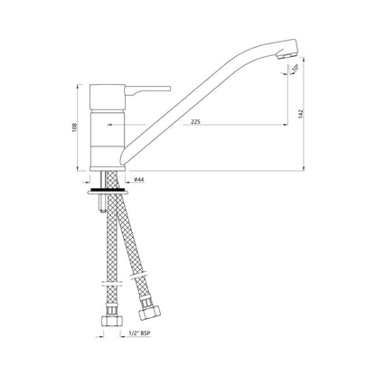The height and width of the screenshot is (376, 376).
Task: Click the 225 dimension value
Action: point(196,122)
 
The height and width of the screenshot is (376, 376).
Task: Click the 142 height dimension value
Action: point(301,114)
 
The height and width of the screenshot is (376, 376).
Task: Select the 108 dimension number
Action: point(75,127)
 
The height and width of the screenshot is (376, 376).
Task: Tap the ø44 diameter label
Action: point(139,180)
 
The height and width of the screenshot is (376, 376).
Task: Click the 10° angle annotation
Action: point(295,69)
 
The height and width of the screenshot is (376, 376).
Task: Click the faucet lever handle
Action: point(147,89)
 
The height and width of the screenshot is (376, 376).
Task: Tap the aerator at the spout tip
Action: point(287,55)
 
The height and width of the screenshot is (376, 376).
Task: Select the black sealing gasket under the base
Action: point(107,191)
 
